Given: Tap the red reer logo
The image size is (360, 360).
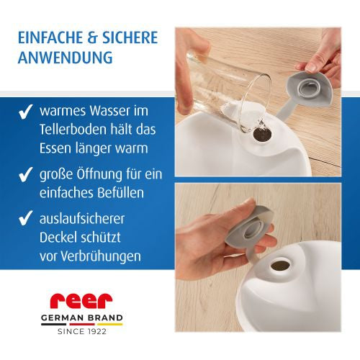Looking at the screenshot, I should [81, 301].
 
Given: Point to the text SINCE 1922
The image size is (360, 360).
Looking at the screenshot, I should [81, 332].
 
